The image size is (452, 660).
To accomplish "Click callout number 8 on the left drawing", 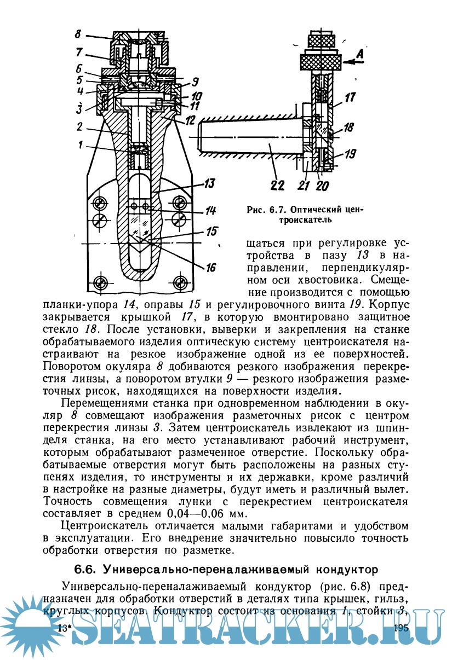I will click(77, 34).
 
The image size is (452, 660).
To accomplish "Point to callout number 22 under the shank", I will click(278, 186).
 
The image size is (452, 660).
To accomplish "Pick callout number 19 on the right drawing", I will click(350, 154).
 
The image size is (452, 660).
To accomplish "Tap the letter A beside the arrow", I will click(359, 54).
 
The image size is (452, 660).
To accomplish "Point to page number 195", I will click(401, 627).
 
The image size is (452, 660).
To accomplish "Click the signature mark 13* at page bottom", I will click(64, 628).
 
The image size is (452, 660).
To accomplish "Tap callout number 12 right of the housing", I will click(191, 118).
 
